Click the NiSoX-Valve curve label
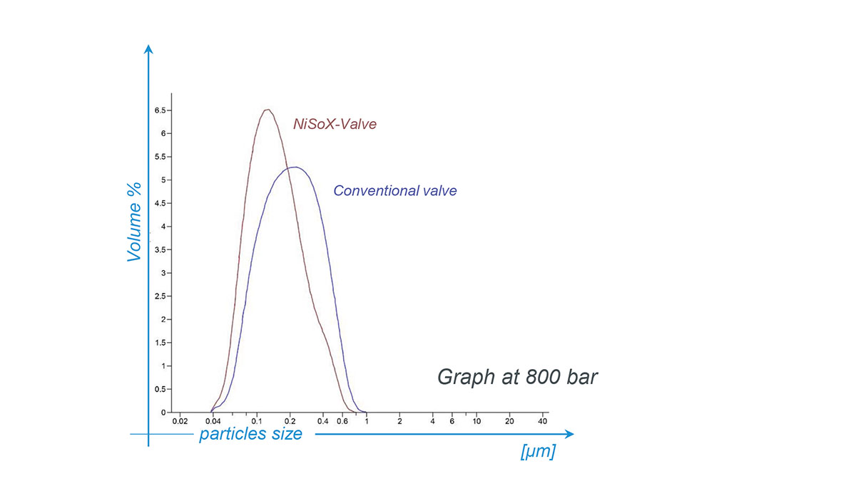(335, 124)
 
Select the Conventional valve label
(395, 191)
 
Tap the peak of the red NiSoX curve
(267, 110)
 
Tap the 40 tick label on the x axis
(542, 420)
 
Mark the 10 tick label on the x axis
(477, 420)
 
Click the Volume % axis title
(135, 222)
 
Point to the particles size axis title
(250, 434)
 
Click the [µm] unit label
(539, 452)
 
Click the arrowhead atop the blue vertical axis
(148, 48)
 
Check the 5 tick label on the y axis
(163, 180)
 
